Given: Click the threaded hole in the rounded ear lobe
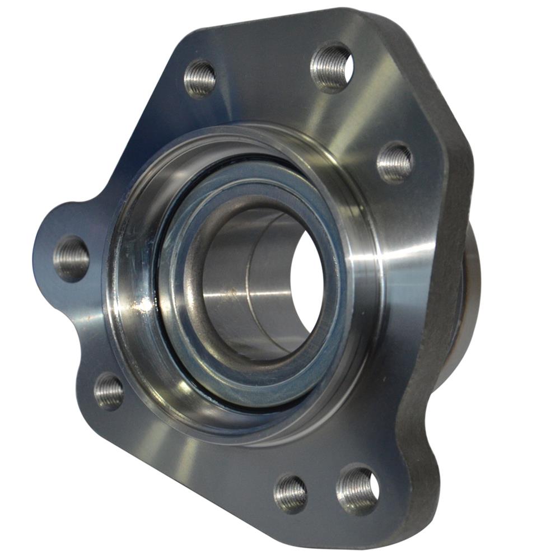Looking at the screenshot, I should pyautogui.click(x=71, y=258).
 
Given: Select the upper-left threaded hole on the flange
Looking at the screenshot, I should pyautogui.click(x=200, y=78).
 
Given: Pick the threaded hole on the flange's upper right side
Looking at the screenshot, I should pyautogui.click(x=395, y=162).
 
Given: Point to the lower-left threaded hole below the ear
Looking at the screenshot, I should pyautogui.click(x=109, y=391).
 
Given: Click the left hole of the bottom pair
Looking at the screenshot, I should pyautogui.click(x=290, y=493).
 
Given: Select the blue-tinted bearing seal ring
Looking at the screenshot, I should pyautogui.click(x=185, y=336).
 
